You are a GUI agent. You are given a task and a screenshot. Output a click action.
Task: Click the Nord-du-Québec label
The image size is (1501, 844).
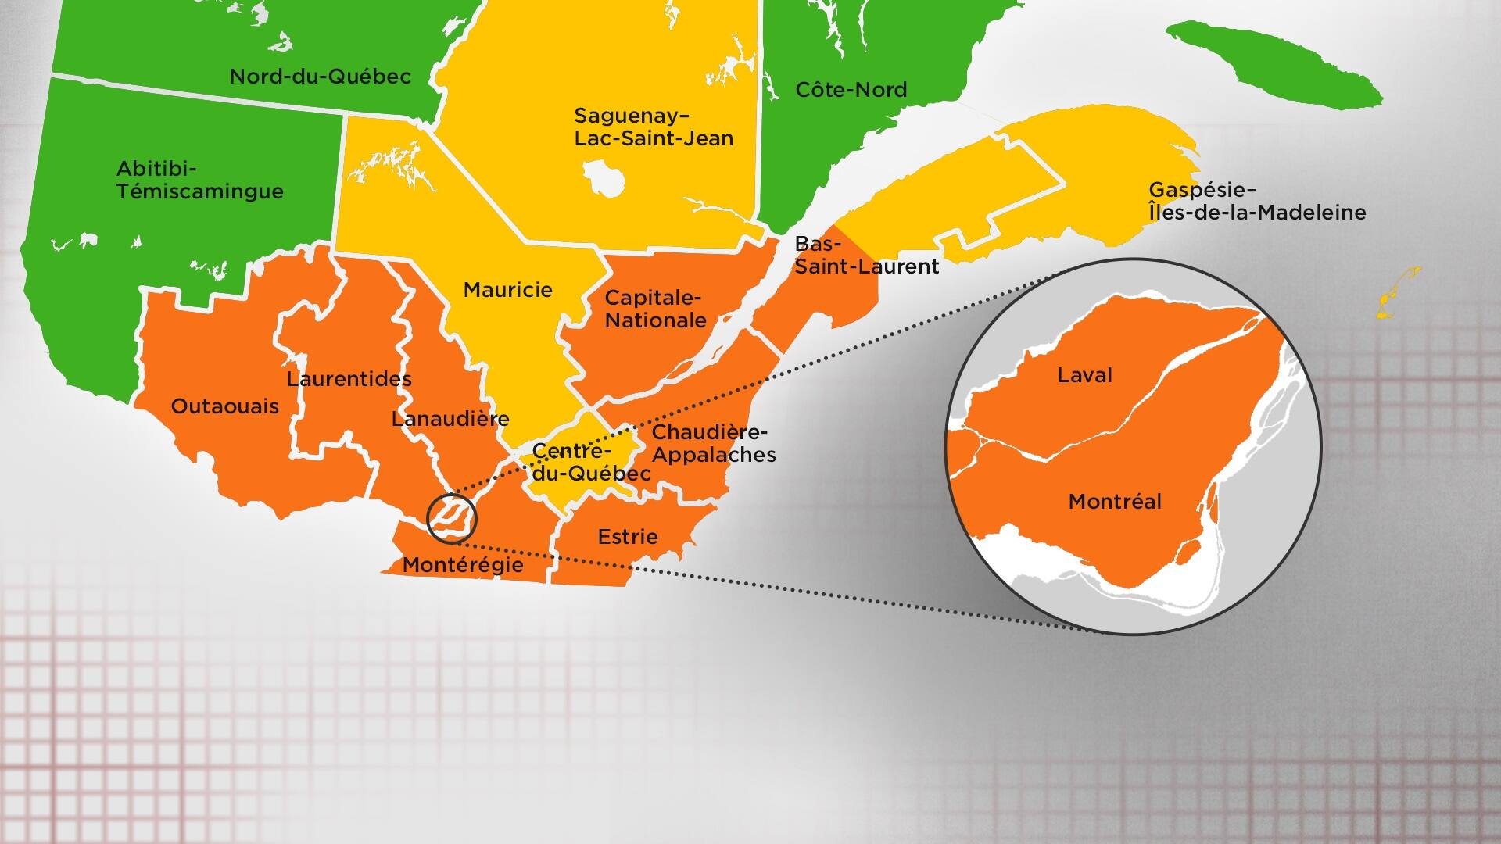320,77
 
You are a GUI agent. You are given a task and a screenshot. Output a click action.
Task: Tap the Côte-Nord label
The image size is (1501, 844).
851,90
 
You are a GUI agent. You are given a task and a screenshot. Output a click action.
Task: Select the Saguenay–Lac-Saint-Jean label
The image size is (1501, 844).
654,127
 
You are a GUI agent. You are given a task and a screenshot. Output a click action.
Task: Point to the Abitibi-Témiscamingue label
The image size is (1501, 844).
199,180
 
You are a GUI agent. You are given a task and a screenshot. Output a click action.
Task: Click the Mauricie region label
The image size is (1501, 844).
507,290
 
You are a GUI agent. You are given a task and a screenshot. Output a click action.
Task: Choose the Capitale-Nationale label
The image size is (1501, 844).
655,309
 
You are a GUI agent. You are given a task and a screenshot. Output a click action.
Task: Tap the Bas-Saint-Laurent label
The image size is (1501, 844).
866,256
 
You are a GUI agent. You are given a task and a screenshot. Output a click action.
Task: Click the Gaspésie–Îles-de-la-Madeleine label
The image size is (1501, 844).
1257,201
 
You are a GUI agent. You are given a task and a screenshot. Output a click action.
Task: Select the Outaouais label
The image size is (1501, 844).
224,406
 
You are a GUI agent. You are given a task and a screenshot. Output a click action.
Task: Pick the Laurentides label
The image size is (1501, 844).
349,379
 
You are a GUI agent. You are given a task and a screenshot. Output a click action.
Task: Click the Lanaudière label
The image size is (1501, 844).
450,419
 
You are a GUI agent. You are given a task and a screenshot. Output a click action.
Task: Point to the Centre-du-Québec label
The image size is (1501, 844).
590,463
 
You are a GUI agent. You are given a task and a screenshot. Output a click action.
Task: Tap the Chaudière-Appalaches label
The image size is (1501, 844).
714,443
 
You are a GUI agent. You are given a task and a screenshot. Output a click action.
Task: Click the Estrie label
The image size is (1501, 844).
628,537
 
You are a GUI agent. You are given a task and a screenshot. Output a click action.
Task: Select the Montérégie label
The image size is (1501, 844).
463,565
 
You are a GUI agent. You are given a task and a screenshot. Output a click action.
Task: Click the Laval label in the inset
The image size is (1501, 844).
1084,375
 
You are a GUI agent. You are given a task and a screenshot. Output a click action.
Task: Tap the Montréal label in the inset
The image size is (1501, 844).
1115,502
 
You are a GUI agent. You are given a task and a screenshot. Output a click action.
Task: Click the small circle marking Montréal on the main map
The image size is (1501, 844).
451,517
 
